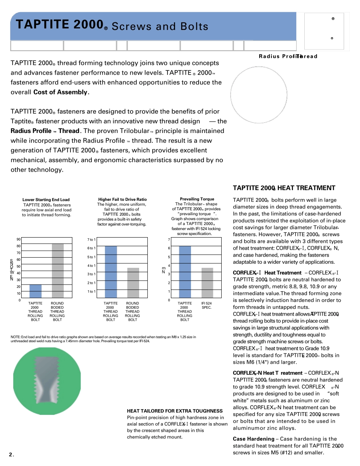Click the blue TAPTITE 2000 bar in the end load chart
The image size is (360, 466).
tap(36, 291)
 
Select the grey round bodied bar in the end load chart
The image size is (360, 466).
tap(58, 271)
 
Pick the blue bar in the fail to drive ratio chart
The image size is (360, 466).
tap(111, 272)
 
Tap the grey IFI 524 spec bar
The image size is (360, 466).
tap(207, 283)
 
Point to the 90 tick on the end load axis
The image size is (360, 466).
tap(19, 239)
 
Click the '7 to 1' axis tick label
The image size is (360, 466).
tap(92, 239)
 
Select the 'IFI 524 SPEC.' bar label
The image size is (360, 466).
tap(207, 305)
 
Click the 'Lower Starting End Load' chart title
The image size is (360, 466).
tap(46, 200)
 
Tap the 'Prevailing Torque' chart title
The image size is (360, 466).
tap(197, 199)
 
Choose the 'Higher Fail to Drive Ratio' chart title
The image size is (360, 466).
tap(122, 199)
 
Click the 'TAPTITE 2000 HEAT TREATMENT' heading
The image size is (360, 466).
tap(284, 188)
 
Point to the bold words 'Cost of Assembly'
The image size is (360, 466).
tap(61, 92)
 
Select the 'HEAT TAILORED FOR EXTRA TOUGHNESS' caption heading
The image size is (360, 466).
tap(175, 411)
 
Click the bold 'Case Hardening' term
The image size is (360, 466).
tap(254, 439)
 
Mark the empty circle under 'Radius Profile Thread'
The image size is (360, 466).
tap(259, 95)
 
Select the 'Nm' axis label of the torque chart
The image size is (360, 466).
tap(163, 270)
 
